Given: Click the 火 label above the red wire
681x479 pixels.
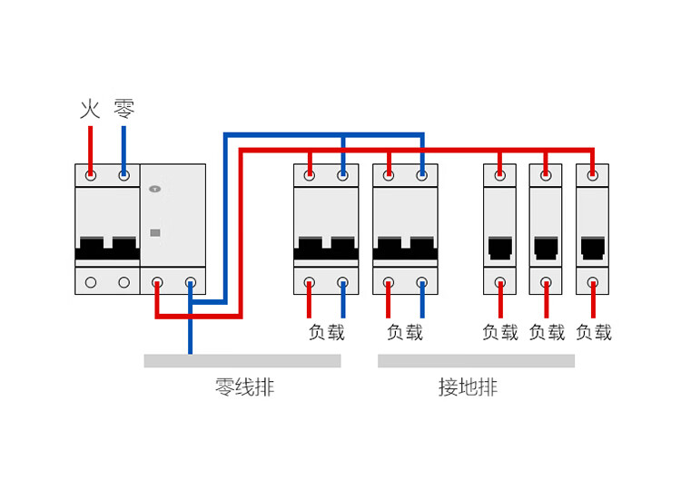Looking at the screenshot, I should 90,110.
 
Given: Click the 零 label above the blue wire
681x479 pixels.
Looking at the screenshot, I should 123,110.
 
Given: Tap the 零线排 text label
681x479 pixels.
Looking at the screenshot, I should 244,388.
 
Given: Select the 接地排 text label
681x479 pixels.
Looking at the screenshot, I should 468,388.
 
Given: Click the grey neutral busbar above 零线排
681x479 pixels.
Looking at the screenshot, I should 242,361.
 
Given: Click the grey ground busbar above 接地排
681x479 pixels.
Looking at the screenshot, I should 476,361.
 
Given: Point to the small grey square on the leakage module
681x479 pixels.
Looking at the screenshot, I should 154,232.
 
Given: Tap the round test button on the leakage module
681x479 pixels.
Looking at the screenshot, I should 154,190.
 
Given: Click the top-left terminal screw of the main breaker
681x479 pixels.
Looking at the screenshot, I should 91,174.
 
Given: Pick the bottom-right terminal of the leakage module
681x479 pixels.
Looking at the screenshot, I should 191,282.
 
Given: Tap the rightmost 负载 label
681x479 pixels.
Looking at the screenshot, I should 594,332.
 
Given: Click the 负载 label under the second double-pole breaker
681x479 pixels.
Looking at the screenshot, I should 405,332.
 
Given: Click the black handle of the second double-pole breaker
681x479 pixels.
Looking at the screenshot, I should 405,248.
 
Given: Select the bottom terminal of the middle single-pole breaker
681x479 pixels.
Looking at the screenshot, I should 546,282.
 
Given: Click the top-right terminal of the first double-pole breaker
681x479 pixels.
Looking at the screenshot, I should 342,174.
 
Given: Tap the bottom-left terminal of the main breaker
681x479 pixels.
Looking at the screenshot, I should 91,282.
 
